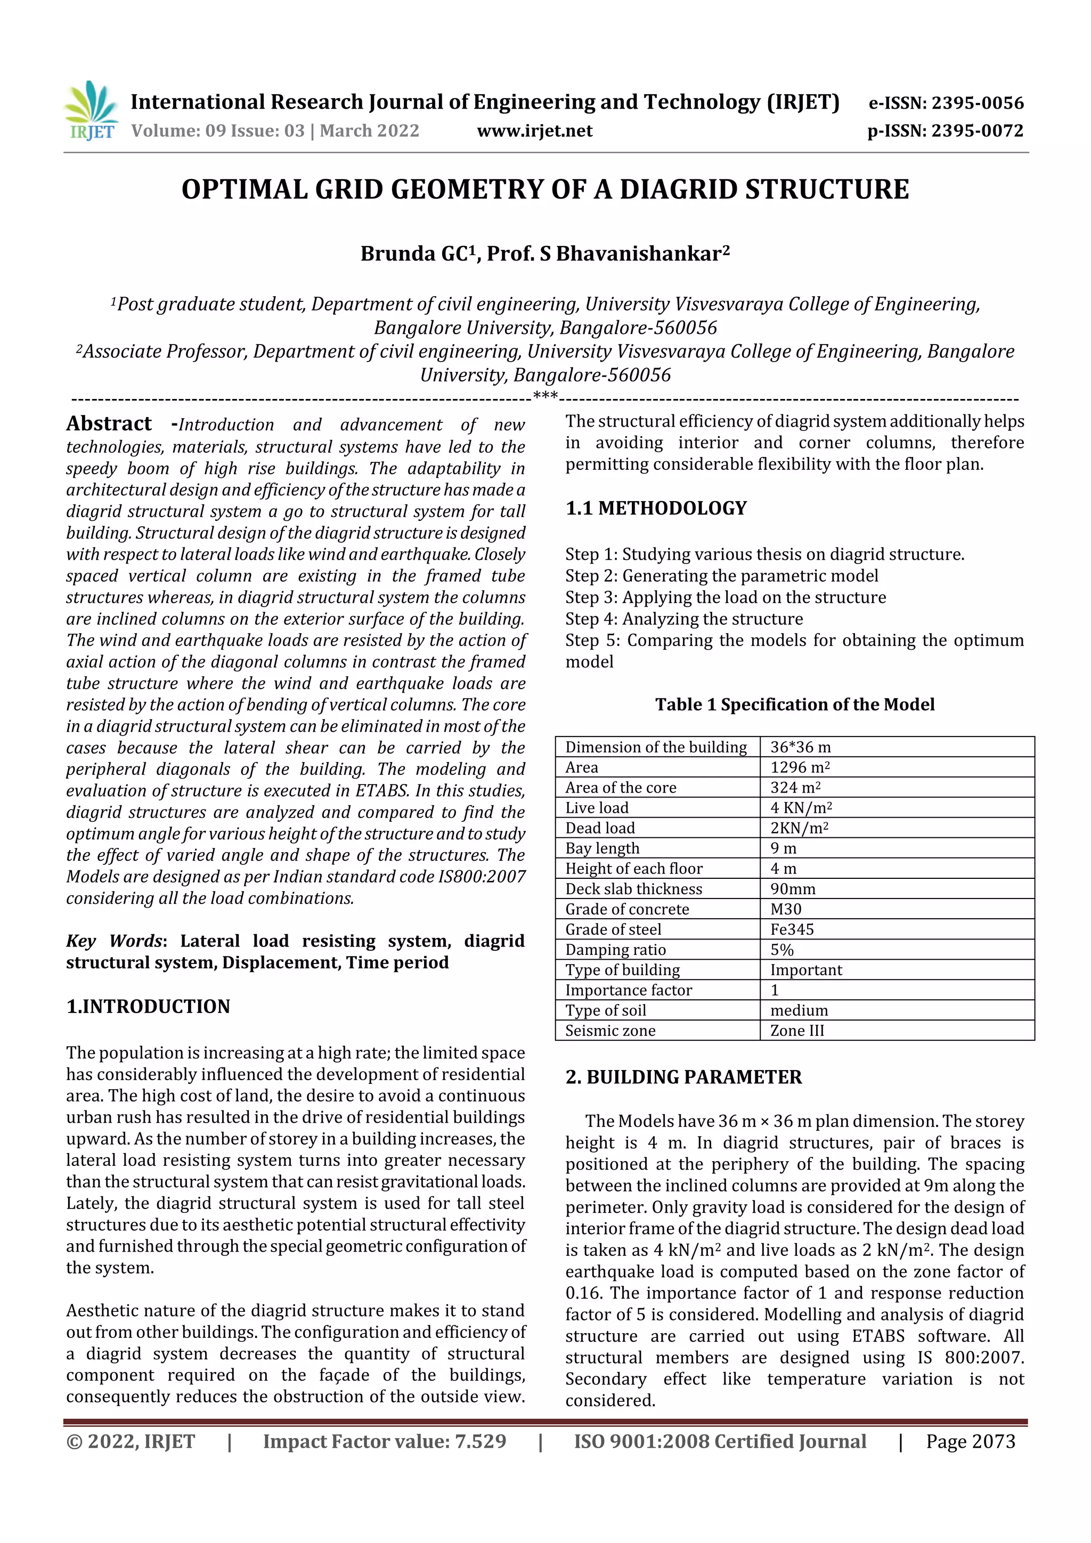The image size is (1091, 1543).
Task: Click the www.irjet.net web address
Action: pos(534,131)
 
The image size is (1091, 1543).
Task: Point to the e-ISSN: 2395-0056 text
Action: pos(946,103)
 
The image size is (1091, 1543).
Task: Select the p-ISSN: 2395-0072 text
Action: pos(945,131)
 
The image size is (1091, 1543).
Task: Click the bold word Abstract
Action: pos(109,423)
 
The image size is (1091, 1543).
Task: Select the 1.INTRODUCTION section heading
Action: pos(148,1006)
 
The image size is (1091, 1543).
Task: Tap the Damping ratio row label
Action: pos(615,950)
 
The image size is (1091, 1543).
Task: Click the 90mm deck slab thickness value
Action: pos(793,888)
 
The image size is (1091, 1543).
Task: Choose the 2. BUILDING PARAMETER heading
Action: pos(683,1077)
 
